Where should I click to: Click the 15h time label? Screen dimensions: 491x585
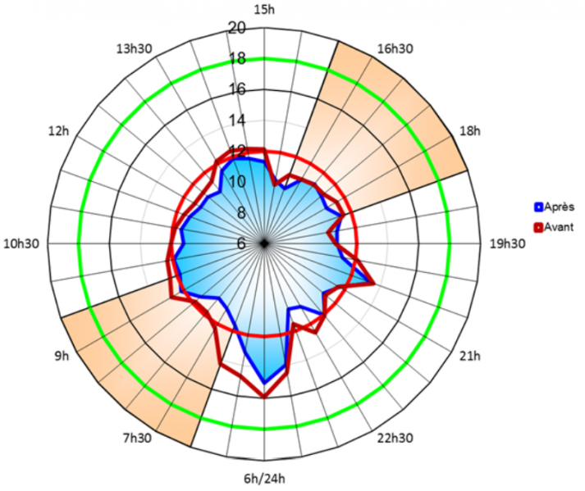(x=264, y=9)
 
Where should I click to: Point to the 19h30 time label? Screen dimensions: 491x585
(x=506, y=243)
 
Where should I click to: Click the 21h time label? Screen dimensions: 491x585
(x=469, y=357)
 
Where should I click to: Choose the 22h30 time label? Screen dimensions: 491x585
(x=392, y=437)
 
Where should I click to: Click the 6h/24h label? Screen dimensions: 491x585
(x=264, y=480)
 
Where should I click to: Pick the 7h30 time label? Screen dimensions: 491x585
(x=136, y=439)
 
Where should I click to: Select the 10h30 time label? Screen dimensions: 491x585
(x=22, y=243)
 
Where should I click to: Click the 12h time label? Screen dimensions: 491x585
(x=59, y=131)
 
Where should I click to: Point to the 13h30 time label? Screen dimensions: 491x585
(x=134, y=49)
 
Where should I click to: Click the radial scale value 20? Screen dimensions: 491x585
(x=237, y=28)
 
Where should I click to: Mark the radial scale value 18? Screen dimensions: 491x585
(x=237, y=59)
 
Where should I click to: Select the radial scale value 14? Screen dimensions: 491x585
(x=237, y=120)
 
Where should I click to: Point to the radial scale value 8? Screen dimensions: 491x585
(x=241, y=213)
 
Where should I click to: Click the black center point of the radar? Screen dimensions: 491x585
(x=264, y=243)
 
